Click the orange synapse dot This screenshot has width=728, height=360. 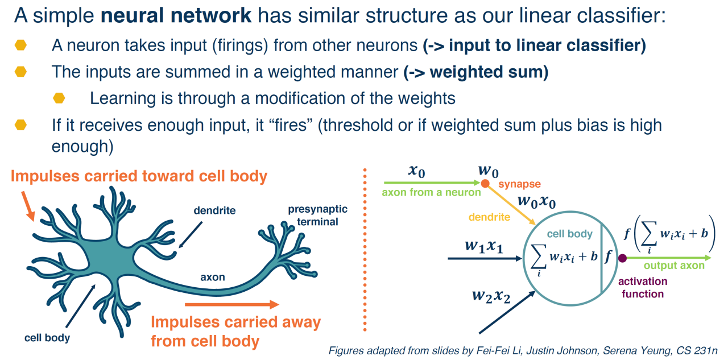[485, 184]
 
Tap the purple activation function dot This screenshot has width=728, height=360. [622, 258]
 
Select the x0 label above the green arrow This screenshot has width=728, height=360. [417, 171]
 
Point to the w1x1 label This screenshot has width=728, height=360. [484, 246]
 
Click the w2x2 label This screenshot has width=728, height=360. [491, 296]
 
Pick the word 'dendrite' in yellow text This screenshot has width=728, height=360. [489, 217]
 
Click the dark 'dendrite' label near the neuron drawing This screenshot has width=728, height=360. [214, 210]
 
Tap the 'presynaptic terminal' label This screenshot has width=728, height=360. [317, 216]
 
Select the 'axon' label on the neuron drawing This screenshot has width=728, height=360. [213, 277]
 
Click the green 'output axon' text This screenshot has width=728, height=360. [674, 266]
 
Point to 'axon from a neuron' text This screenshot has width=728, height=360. [431, 192]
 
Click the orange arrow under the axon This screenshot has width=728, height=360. [231, 304]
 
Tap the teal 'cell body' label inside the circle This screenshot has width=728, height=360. [570, 234]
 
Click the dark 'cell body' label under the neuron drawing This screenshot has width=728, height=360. [47, 338]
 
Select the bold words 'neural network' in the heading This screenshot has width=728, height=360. [176, 15]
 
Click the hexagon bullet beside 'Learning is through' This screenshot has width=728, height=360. [59, 98]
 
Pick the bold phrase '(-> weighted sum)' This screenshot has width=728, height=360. [476, 72]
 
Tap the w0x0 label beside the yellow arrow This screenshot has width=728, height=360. [536, 201]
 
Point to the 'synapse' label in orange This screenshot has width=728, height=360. [519, 184]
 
